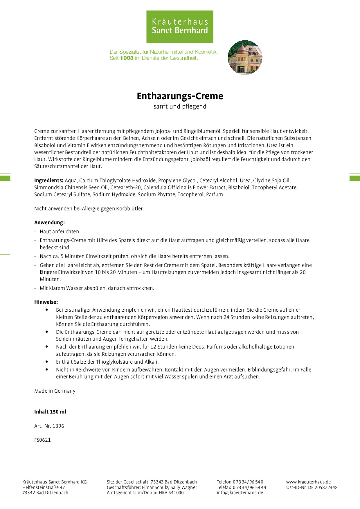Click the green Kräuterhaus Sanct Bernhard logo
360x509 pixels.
point(180,27)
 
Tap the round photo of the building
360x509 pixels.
point(245,57)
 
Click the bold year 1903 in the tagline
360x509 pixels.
point(127,58)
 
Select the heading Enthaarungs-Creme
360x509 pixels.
point(180,96)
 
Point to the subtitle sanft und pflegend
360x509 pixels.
point(180,107)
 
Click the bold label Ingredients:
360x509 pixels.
point(48,181)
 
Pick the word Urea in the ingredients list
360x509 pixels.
point(245,181)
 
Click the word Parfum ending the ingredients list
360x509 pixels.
point(215,194)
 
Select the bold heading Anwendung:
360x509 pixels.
point(49,223)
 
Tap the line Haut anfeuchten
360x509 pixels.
point(60,232)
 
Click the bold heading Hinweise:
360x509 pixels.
point(46,302)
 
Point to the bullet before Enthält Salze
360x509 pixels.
point(47,362)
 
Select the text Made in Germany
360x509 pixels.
point(55,391)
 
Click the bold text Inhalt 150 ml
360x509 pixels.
point(50,412)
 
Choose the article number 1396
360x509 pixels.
point(58,426)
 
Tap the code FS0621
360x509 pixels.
point(42,440)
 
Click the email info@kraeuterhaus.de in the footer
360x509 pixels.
point(240,492)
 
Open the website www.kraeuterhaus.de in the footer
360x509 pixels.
point(308,482)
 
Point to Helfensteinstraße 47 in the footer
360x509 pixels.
point(44,487)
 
